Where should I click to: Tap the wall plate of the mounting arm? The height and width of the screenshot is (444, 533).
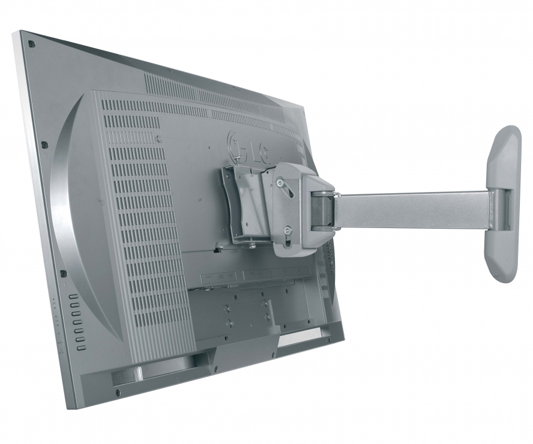pos(504,204)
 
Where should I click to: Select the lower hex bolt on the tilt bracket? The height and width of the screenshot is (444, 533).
pos(288,231)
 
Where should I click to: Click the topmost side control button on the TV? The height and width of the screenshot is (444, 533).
pos(74,296)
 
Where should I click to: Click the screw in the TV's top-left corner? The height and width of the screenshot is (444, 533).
pos(31,44)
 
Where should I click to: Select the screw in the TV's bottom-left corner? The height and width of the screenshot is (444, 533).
pos(118,393)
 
